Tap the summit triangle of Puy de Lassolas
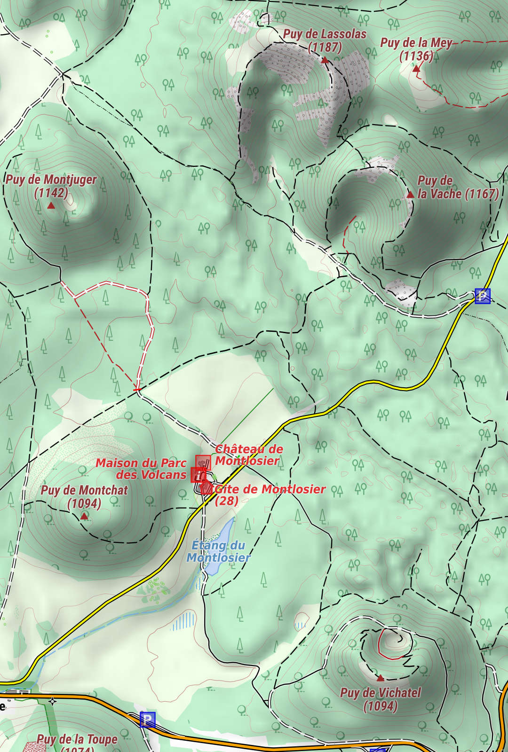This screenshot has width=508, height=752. pos(324,60)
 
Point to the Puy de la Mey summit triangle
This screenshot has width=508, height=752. pos(416,69)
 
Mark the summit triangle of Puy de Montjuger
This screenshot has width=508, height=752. pos(51,206)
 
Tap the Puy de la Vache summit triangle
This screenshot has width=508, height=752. pos(410,195)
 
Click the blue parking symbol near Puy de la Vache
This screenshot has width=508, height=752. pos(482,296)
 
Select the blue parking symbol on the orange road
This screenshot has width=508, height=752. pos(147,719)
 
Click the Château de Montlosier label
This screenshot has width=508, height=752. pos(249,454)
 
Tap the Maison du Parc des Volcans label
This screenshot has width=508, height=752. pos(141,469)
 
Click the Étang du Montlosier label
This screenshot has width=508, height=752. pos(218,551)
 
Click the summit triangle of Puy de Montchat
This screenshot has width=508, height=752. pos(84,516)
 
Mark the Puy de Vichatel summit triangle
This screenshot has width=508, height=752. pos(380,678)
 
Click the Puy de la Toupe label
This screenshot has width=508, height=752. pos(77,740)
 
